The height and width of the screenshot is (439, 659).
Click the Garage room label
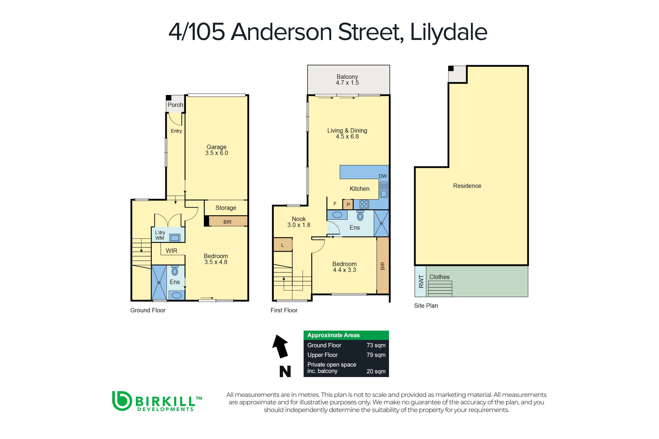pyautogui.click(x=216, y=147)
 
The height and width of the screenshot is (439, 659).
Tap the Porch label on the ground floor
pyautogui.click(x=175, y=105)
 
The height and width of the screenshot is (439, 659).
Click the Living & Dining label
pyautogui.click(x=347, y=131)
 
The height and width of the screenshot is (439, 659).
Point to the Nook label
pyautogui.click(x=299, y=219)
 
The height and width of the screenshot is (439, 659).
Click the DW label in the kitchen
pyautogui.click(x=382, y=176)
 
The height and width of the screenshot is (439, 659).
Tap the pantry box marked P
pyautogui.click(x=348, y=204)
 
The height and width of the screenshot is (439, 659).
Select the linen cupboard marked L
pyautogui.click(x=282, y=245)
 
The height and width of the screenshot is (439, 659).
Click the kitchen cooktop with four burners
pyautogui.click(x=364, y=204)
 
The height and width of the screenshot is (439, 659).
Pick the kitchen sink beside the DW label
pyautogui.click(x=384, y=190)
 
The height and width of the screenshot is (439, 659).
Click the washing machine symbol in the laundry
pyautogui.click(x=175, y=238)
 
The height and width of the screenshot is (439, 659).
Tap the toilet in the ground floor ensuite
pyautogui.click(x=175, y=271)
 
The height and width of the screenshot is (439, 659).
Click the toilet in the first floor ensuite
pyautogui.click(x=360, y=216)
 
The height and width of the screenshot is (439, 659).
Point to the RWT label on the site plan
pyautogui.click(x=421, y=281)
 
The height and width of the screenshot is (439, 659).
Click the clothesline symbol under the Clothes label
pyautogui.click(x=440, y=288)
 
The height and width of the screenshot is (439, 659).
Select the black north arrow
pyautogui.click(x=281, y=346)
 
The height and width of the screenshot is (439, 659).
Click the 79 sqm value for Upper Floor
pyautogui.click(x=376, y=355)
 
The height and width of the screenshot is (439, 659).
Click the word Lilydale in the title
pyautogui.click(x=448, y=32)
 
